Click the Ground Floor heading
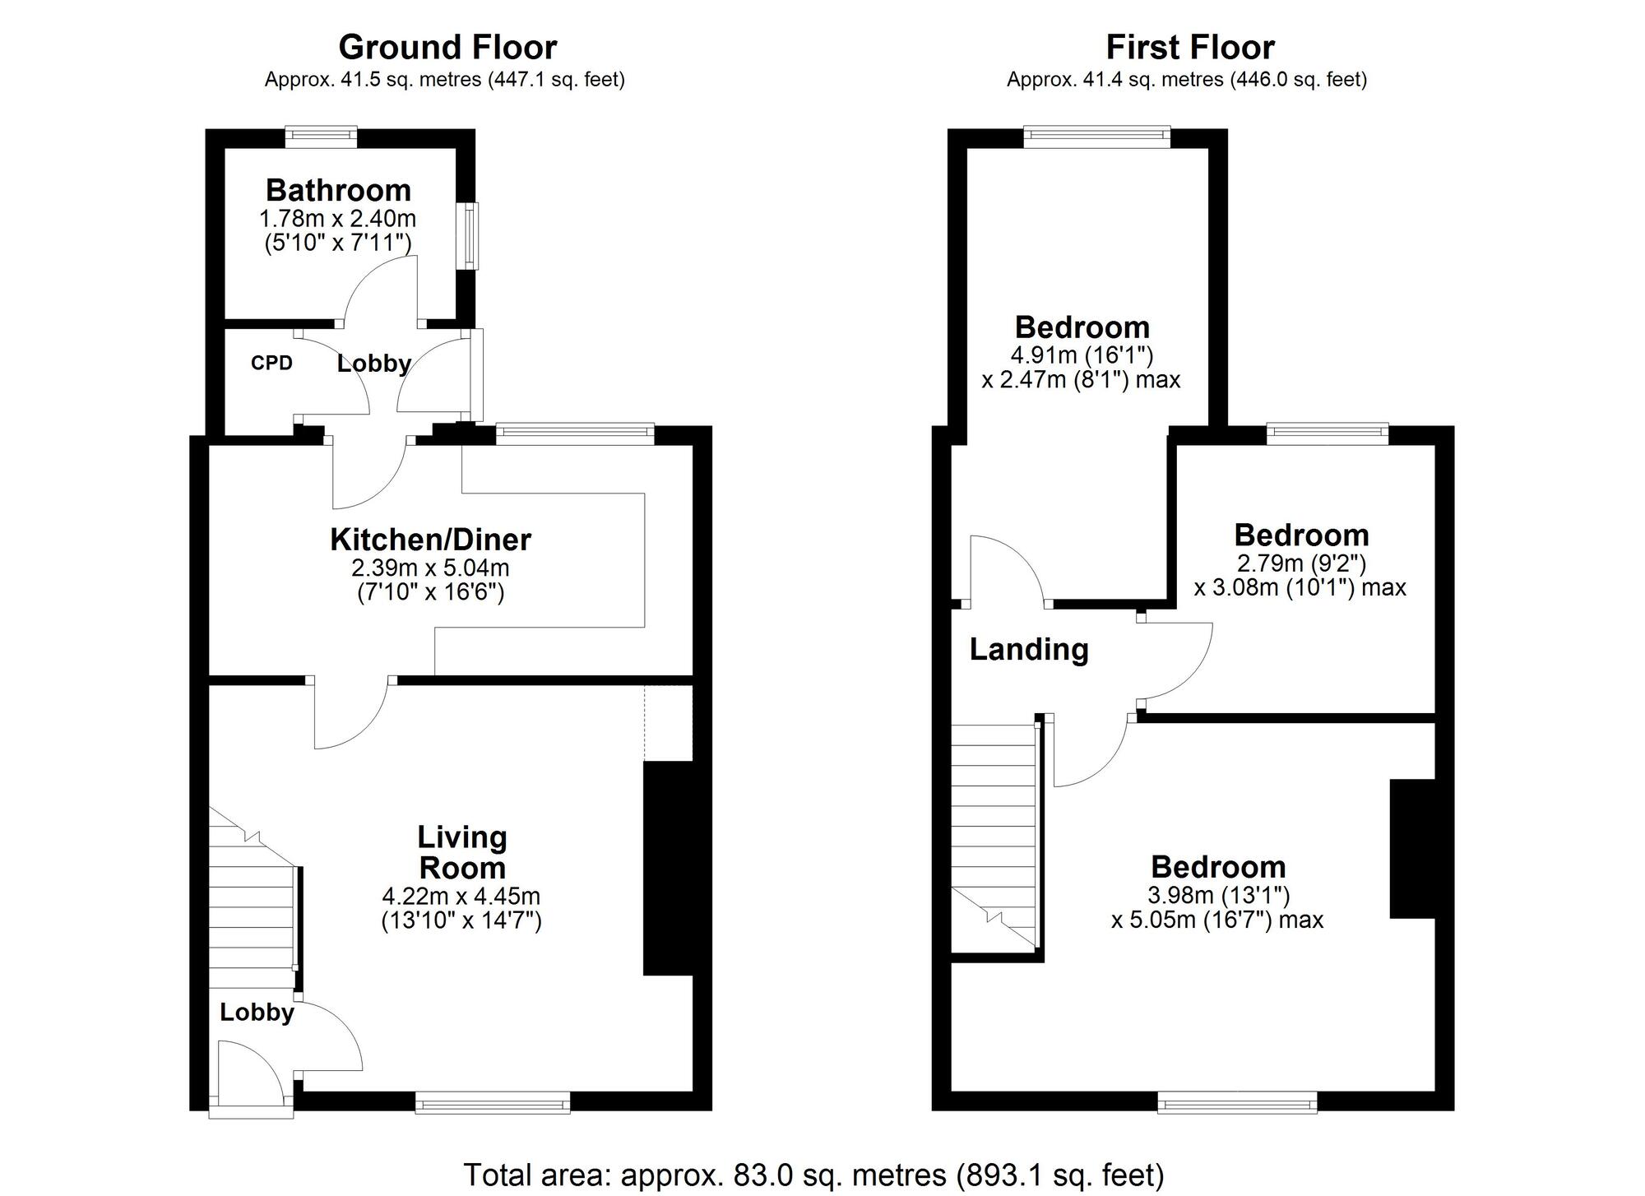tap(447, 48)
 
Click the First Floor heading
tap(1189, 48)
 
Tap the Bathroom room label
tap(338, 190)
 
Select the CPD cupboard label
tap(271, 363)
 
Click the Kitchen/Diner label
tap(430, 540)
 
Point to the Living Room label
tap(461, 852)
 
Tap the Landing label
tap(1028, 649)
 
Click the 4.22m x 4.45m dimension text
tap(461, 896)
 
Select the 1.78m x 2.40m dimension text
tap(337, 219)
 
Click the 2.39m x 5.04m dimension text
tap(430, 568)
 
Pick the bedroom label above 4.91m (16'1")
tap(1082, 327)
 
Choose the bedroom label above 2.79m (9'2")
tap(1301, 535)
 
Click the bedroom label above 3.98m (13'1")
tap(1217, 867)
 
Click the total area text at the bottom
tap(813, 1175)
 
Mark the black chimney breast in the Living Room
tap(668, 868)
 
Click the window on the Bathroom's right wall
tap(469, 236)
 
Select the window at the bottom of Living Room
tap(492, 1102)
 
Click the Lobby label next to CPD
tap(373, 363)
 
